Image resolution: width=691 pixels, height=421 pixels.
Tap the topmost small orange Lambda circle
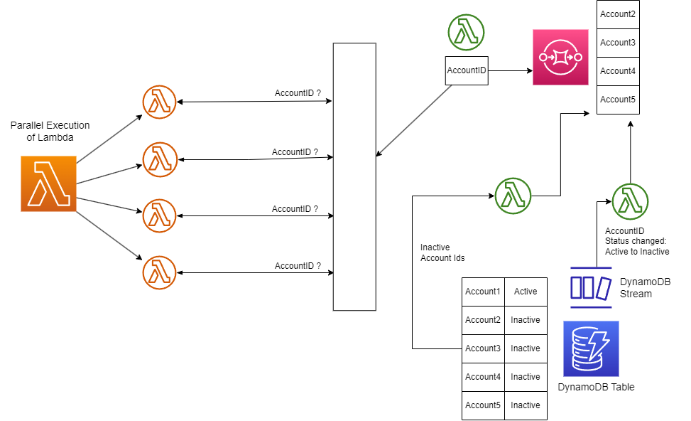click(159, 102)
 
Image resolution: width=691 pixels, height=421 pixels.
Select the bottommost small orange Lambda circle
click(159, 272)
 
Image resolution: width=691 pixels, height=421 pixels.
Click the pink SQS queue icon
click(560, 58)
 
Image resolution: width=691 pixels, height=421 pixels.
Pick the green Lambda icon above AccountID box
click(466, 32)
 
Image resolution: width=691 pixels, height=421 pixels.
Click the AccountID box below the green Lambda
click(467, 71)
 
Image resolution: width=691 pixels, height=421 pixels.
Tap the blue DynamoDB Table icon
click(591, 348)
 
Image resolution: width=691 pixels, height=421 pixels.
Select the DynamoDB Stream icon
click(591, 287)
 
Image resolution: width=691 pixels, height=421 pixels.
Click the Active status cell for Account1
click(526, 292)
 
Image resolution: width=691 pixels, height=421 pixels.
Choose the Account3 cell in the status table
click(483, 348)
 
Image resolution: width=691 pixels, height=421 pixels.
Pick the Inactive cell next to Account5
click(526, 405)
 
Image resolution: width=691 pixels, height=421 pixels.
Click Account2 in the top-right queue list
click(617, 14)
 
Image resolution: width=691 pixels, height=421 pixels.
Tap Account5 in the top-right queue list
click(617, 100)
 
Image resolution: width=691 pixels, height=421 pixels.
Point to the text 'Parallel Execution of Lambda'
click(50, 132)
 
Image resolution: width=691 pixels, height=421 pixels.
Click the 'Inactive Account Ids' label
click(442, 252)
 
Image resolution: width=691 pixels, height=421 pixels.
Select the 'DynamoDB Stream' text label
click(645, 287)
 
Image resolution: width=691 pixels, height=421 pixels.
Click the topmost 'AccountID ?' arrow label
click(298, 93)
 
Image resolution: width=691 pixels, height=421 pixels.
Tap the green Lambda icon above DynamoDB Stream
click(629, 201)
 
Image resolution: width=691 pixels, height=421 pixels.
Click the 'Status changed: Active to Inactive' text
click(637, 246)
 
